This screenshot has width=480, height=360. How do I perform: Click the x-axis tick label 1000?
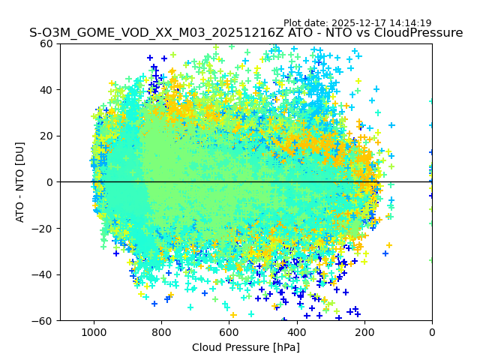click(94, 331)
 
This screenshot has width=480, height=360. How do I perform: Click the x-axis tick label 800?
click(161, 331)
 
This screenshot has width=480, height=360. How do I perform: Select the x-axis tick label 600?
click(229, 331)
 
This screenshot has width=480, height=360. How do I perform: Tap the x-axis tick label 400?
click(296, 331)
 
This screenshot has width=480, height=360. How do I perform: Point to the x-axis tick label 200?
click(364, 331)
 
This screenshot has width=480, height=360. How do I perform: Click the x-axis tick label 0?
click(431, 331)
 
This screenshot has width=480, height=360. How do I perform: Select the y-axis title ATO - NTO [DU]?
click(21, 182)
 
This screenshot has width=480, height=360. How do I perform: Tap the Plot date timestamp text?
click(357, 23)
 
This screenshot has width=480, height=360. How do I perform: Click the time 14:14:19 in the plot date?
click(410, 23)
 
